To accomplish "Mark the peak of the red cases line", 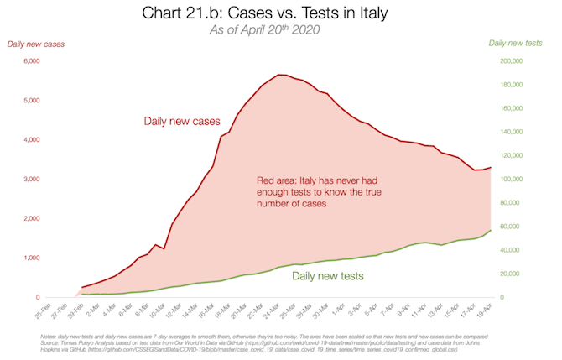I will tap(280, 75).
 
